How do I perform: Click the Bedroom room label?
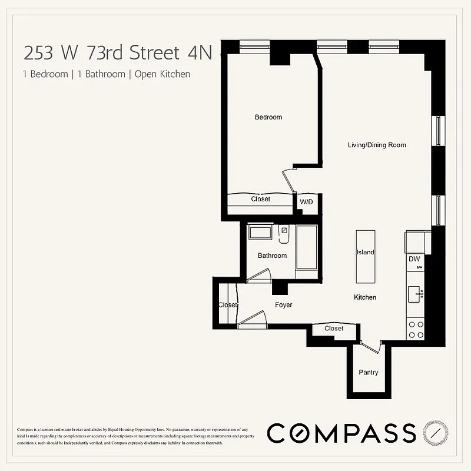(268, 117)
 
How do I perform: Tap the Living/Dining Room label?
(376, 145)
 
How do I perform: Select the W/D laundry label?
(307, 202)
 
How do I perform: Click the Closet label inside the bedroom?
(260, 199)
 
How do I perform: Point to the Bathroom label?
(272, 256)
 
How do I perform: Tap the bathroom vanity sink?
(260, 232)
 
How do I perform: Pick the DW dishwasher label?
(414, 258)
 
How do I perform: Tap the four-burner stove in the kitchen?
(416, 329)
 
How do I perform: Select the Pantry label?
(369, 372)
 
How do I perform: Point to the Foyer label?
(283, 305)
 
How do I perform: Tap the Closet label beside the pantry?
(334, 329)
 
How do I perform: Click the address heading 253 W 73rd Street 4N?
(117, 53)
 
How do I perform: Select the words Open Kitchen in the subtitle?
(162, 74)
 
